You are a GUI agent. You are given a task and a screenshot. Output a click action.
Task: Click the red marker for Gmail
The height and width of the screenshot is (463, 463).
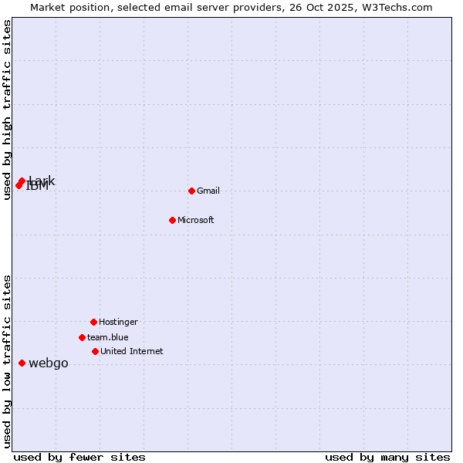(191, 191)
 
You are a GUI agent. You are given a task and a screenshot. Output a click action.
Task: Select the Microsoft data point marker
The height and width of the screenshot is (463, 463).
(172, 220)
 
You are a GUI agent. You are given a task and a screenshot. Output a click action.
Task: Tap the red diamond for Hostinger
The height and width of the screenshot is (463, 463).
(93, 322)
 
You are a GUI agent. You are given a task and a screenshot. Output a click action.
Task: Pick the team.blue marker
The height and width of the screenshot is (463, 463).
(82, 337)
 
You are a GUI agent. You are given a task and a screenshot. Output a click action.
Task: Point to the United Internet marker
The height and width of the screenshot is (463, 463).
(95, 351)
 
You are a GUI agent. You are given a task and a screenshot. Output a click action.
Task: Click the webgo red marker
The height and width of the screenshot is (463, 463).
(22, 363)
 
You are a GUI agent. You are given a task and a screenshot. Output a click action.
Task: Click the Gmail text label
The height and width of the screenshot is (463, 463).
(208, 191)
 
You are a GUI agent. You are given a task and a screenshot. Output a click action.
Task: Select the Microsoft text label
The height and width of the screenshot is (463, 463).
(196, 220)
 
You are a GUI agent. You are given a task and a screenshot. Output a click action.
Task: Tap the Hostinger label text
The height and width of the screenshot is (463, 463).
(118, 322)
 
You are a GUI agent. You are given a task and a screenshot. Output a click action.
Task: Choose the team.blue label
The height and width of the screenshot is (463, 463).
(108, 337)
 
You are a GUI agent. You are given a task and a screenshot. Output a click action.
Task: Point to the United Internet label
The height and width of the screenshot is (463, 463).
(132, 351)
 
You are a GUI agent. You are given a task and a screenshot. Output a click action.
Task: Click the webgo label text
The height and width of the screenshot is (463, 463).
(49, 363)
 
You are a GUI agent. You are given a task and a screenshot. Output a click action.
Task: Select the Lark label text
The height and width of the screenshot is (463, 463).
(42, 181)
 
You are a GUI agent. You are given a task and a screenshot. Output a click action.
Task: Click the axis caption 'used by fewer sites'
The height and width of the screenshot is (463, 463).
(79, 457)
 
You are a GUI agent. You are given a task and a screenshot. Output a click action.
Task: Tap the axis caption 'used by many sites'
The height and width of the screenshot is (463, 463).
(387, 457)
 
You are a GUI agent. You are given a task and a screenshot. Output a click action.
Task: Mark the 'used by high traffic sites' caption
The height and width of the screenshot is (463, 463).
(7, 110)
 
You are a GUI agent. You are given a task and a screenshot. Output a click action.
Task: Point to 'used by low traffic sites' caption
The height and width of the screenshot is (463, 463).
(7, 361)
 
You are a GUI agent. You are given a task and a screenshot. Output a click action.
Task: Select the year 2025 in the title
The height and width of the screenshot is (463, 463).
(336, 7)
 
